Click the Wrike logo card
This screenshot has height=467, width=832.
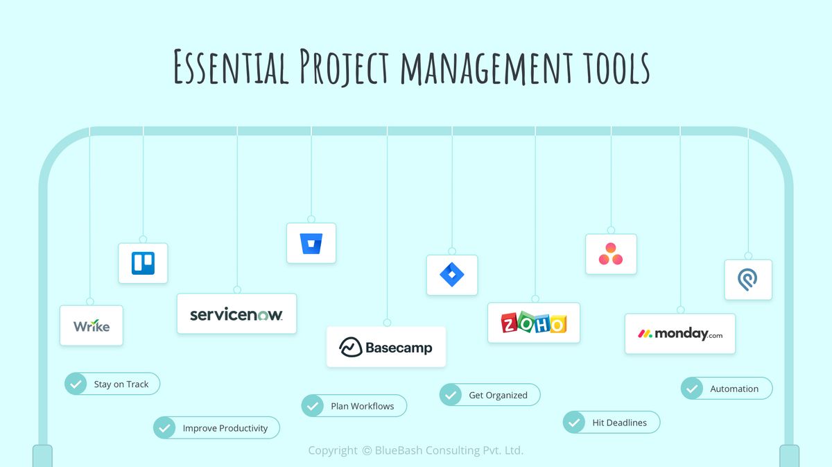(92, 325)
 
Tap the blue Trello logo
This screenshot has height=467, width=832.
(143, 263)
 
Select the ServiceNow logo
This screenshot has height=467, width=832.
(236, 314)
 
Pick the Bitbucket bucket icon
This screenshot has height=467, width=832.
(311, 244)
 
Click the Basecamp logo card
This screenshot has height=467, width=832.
(386, 347)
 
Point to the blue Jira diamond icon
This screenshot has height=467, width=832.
(452, 275)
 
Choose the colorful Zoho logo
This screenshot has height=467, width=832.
(534, 323)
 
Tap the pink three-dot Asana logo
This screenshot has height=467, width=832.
(611, 254)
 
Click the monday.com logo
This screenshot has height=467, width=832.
(680, 334)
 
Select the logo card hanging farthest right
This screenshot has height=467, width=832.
(748, 280)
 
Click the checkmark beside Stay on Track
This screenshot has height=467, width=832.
(76, 384)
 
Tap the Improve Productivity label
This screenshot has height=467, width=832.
(225, 428)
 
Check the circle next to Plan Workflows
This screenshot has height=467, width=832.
(313, 406)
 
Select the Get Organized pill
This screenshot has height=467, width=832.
(489, 395)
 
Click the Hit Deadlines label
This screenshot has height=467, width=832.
(619, 423)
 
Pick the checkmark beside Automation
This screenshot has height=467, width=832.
(692, 389)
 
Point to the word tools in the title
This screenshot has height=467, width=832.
(611, 67)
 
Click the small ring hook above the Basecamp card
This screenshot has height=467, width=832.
(387, 323)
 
